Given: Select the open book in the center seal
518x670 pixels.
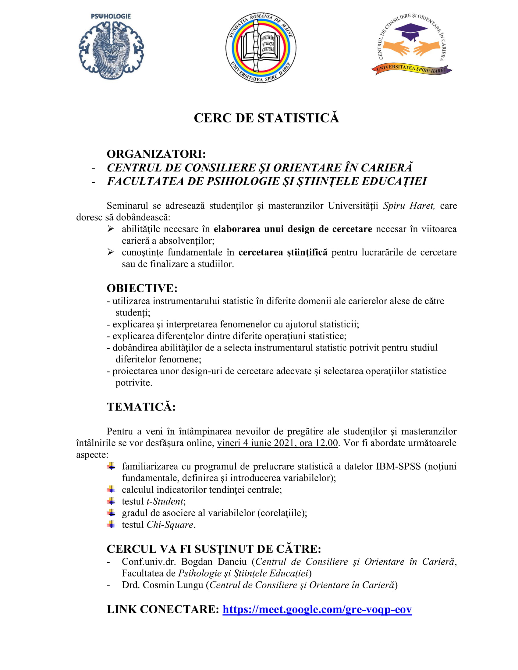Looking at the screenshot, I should (261, 47).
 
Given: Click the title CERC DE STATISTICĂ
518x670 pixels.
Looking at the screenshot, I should (266, 118).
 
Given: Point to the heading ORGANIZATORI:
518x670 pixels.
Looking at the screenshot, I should (156, 154).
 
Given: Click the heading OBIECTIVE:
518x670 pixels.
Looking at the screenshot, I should (142, 288).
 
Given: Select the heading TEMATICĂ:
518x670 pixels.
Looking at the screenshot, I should (141, 407).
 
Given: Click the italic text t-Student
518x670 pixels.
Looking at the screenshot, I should (165, 501).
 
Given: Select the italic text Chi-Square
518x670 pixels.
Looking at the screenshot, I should (170, 525).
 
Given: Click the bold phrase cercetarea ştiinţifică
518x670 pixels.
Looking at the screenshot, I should (283, 252).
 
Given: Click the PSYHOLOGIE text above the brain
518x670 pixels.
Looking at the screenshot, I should (111, 16).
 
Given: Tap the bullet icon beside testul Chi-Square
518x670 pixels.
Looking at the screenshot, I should (111, 524).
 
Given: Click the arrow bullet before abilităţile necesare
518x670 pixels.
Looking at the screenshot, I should (111, 229).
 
